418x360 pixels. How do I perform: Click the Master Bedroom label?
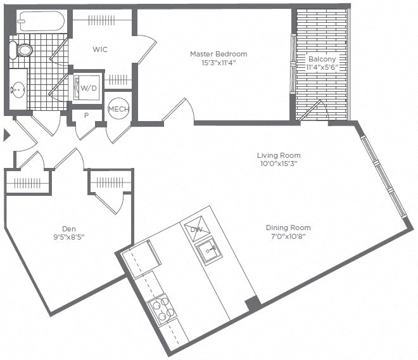(x=218, y=54)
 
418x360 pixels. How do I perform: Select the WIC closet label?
(x=99, y=49)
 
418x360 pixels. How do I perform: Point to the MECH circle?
(x=118, y=109)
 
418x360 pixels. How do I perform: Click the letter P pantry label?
(x=86, y=116)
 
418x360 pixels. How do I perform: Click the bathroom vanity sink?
(x=17, y=89)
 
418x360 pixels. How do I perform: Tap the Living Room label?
(x=279, y=155)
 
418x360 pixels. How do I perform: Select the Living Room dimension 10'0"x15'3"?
(x=279, y=164)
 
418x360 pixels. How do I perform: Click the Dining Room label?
(x=288, y=228)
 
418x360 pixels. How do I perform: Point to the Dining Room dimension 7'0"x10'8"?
(x=288, y=236)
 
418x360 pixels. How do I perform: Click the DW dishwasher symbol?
(x=195, y=229)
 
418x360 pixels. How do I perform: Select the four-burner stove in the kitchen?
(x=161, y=309)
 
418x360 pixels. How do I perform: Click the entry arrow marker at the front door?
(x=6, y=134)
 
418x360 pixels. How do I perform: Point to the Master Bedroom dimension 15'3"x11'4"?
(x=218, y=62)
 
